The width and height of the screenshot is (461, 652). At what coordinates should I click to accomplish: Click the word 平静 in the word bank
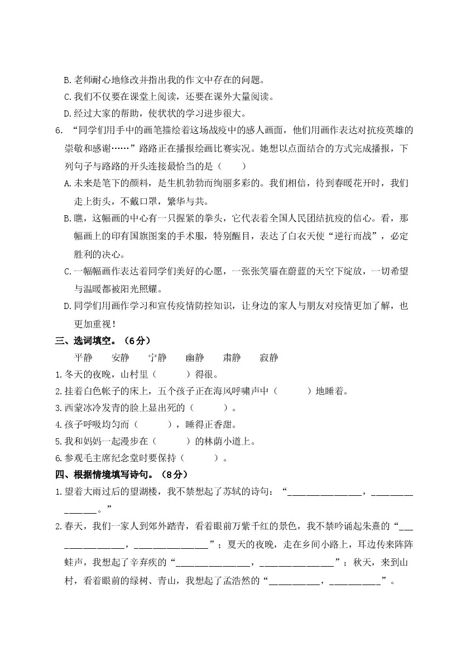coord(83,358)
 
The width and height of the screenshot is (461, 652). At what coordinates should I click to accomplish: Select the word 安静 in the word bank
coord(120,358)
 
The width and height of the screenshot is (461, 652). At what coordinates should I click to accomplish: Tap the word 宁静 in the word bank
coord(157,358)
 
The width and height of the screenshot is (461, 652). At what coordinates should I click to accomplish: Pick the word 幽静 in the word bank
coord(195,358)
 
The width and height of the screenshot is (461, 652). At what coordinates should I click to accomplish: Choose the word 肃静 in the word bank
coord(232,358)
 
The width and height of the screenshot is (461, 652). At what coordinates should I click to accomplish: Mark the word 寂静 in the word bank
coord(269,358)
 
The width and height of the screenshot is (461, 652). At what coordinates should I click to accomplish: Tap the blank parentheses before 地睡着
coord(294,391)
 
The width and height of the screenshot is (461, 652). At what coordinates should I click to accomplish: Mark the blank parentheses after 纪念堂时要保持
coord(200,458)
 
